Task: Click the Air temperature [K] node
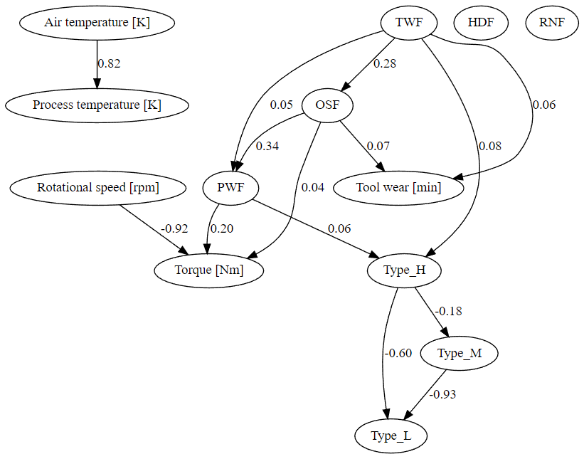tap(97, 22)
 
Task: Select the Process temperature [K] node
tap(97, 105)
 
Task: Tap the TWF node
tap(409, 22)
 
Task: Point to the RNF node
tap(551, 22)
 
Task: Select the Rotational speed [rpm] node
tap(98, 188)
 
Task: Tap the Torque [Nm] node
tap(209, 270)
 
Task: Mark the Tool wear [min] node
tap(398, 188)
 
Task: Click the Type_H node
tap(405, 270)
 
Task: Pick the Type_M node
tap(459, 353)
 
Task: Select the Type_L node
tap(391, 436)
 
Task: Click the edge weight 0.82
tap(110, 63)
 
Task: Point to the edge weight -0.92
tap(174, 228)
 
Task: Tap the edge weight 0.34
tap(267, 146)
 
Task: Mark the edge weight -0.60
tap(398, 353)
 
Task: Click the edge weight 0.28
tap(385, 63)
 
